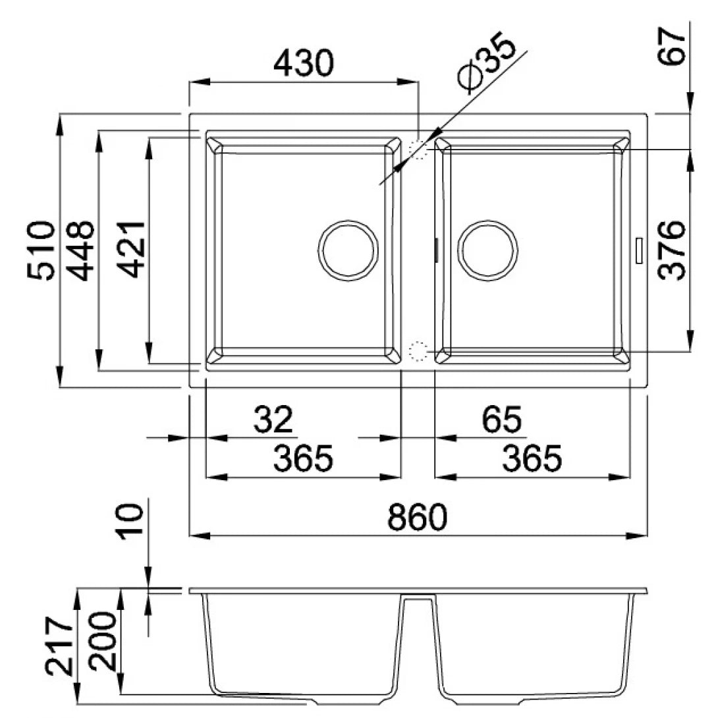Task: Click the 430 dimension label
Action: (x=304, y=63)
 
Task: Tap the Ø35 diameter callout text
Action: (x=488, y=67)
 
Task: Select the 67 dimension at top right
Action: (x=673, y=45)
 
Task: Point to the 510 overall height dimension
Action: (x=41, y=250)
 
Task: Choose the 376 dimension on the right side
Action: (x=673, y=250)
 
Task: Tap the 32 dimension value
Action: (x=273, y=419)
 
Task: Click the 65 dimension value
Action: (x=502, y=419)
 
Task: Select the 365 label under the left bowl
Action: (x=304, y=458)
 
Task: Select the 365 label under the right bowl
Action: (x=532, y=458)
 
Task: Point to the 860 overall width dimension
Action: (x=417, y=518)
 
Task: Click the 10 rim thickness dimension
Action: (x=132, y=522)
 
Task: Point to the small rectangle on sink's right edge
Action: (x=638, y=250)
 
